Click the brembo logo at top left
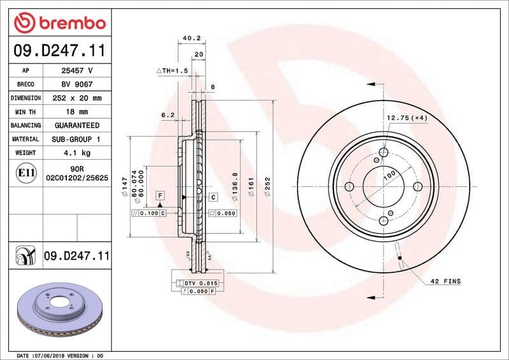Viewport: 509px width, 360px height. tap(59, 24)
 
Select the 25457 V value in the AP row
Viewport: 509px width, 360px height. tap(76, 71)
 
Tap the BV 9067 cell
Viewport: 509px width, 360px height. tap(76, 85)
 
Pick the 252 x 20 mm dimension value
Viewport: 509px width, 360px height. tap(76, 99)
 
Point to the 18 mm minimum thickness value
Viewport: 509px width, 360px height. tap(76, 112)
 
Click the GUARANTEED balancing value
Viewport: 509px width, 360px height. tap(76, 126)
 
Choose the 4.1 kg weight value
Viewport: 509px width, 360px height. tap(76, 153)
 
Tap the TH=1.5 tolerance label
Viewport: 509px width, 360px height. tap(172, 71)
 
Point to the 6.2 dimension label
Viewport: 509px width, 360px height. tap(168, 115)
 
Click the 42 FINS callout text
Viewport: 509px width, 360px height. tap(445, 280)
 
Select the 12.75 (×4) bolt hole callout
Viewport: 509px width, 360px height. tap(407, 118)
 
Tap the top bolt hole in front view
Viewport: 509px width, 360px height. tap(384, 153)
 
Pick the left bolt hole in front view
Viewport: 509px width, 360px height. tap(349, 187)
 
